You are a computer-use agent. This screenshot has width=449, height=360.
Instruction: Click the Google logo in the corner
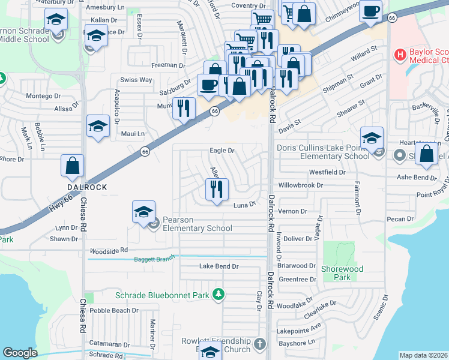pos(20,353)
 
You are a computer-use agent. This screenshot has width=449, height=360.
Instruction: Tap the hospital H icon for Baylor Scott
pos(400,55)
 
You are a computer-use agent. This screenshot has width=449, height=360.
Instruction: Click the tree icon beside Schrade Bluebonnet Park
pos(220,294)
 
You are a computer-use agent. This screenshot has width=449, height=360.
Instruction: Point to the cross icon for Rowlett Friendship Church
pos(259,344)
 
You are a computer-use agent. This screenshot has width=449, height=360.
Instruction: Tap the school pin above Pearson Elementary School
pos(143,212)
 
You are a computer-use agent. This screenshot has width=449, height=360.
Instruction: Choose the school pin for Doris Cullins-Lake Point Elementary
pos(372,138)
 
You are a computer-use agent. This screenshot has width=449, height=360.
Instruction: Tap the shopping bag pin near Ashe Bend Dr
pos(426,154)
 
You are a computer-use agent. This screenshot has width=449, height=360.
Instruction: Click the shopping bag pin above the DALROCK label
pos(72,166)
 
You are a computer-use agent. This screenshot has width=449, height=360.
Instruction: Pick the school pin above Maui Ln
pos(98,126)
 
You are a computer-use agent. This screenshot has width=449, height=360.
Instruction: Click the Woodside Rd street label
pos(109,250)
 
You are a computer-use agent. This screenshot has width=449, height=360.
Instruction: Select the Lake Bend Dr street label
pos(219,266)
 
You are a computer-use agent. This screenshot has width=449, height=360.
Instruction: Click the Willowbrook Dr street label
pos(299,186)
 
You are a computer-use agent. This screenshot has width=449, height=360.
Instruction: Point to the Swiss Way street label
pos(136,80)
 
